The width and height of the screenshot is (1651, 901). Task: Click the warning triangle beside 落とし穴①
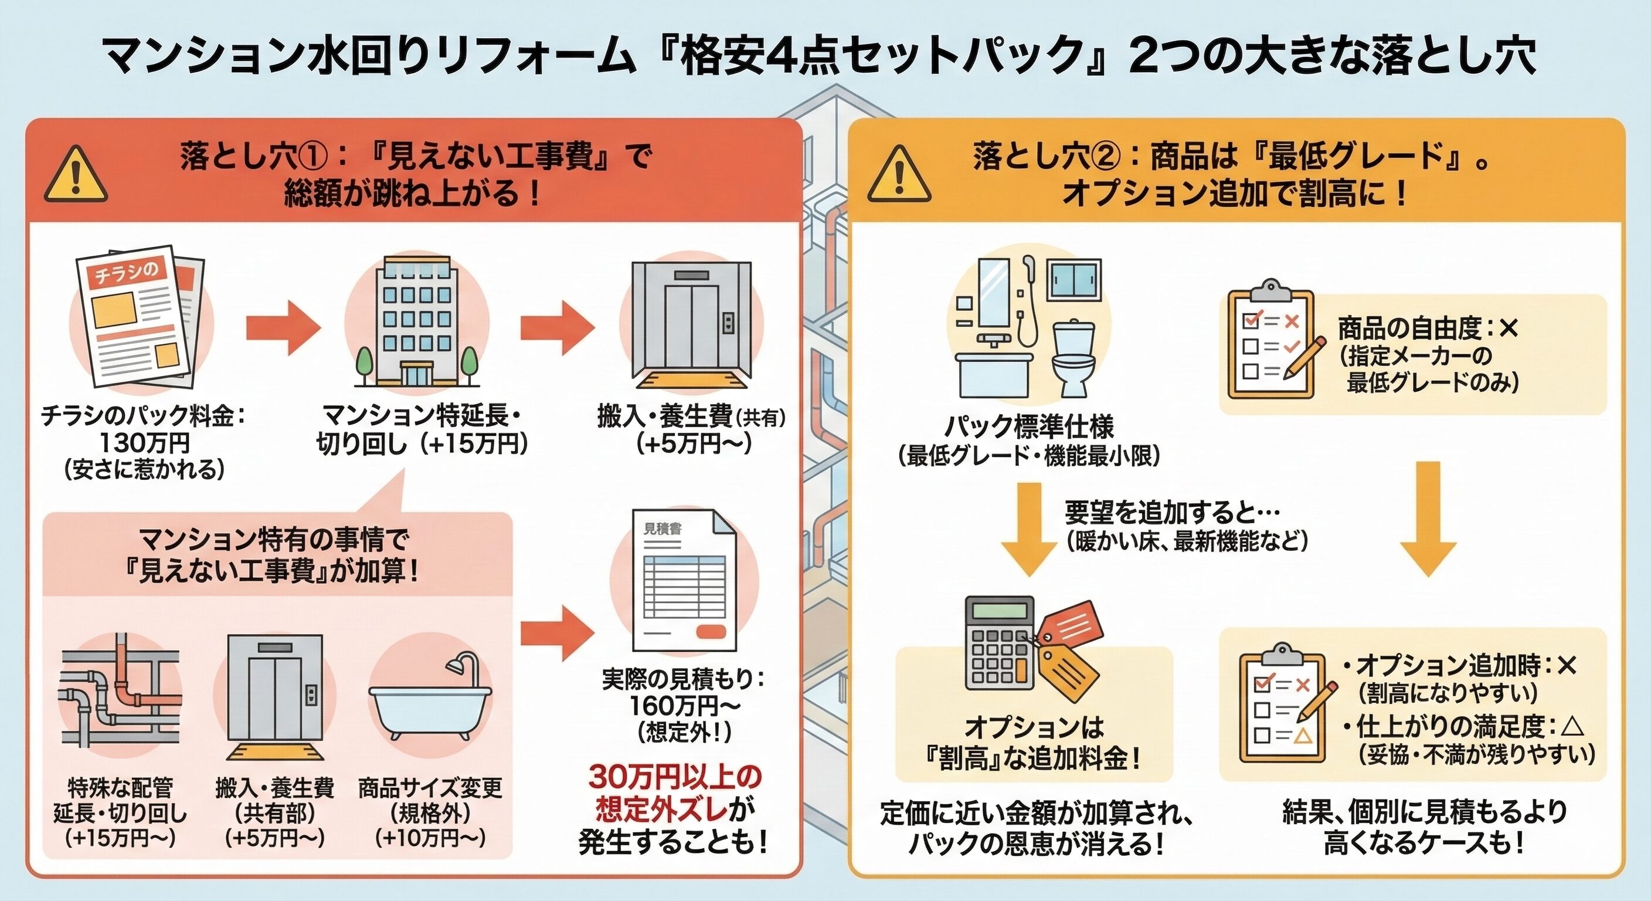tap(76, 176)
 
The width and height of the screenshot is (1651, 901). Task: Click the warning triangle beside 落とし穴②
tap(899, 176)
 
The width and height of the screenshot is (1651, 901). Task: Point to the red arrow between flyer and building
tap(283, 329)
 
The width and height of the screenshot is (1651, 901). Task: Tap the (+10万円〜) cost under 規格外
tap(430, 838)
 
